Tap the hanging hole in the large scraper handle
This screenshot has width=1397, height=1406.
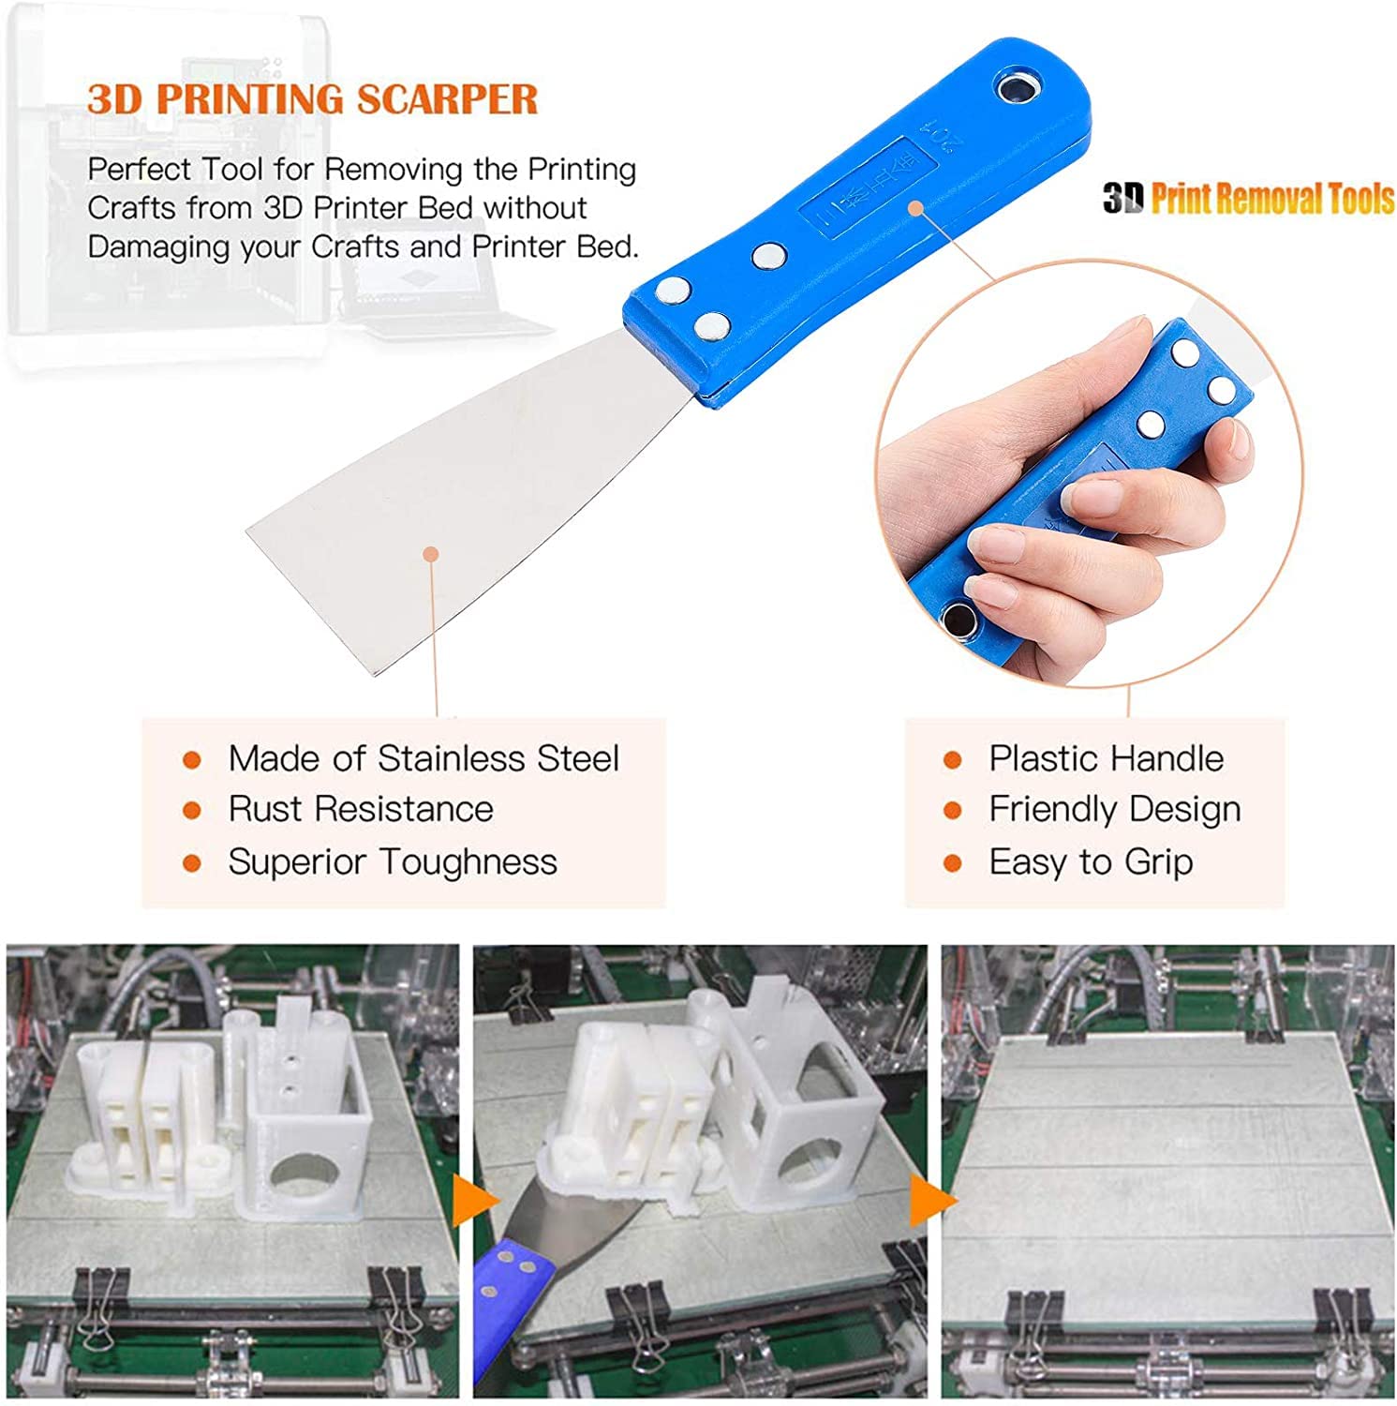tap(1014, 89)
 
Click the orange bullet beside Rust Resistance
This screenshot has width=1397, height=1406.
tap(192, 810)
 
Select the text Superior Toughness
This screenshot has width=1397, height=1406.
tap(393, 862)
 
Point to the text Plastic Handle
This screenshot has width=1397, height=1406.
tap(1107, 758)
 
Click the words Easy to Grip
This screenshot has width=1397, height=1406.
tap(1091, 862)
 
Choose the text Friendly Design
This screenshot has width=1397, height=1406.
tap(1115, 810)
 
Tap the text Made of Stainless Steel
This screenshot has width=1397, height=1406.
tap(424, 758)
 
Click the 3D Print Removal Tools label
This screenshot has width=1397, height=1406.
tap(1249, 199)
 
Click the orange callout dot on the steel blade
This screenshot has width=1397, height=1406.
tap(430, 554)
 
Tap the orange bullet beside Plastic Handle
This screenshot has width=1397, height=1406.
tap(953, 759)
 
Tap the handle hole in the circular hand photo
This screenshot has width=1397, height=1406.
tap(958, 619)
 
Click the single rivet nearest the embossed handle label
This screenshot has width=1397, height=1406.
tap(768, 255)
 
